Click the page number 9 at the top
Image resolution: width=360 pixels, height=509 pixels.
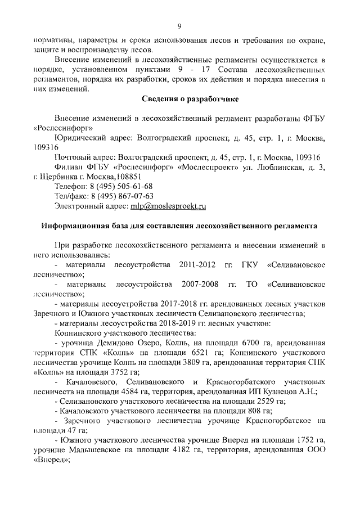[179, 25]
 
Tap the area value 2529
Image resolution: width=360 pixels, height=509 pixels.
[254, 400]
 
